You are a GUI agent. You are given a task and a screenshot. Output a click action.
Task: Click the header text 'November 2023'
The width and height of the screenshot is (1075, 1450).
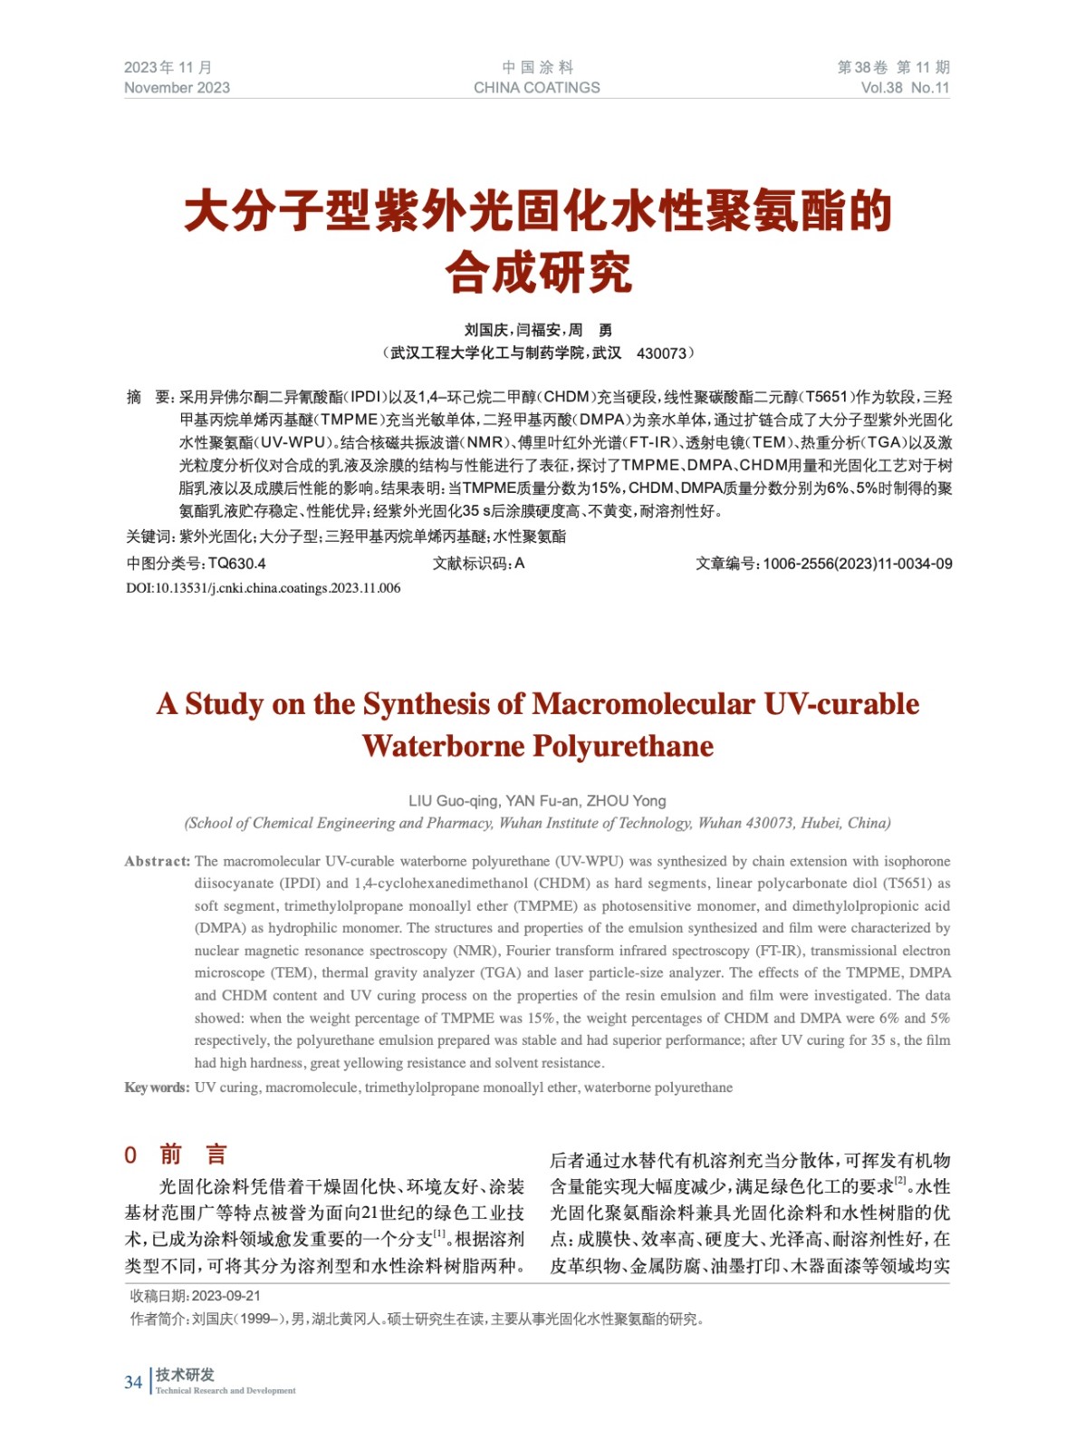pos(177,88)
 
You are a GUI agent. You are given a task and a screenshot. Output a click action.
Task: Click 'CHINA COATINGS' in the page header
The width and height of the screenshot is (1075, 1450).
pos(536,88)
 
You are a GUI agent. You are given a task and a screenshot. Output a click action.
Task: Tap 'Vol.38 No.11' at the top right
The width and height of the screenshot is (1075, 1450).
pos(905,88)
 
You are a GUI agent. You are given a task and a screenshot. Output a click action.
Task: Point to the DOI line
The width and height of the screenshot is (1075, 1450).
pos(263,588)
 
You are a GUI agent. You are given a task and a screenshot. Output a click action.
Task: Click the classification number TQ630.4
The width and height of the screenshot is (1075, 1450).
pos(237,564)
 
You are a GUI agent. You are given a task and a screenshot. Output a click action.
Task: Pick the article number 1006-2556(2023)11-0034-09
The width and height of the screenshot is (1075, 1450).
pos(857,564)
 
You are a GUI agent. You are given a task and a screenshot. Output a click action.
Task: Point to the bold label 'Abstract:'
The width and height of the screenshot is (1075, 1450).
pos(158,861)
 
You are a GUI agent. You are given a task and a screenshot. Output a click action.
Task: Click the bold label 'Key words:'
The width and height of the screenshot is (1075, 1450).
pos(157,1087)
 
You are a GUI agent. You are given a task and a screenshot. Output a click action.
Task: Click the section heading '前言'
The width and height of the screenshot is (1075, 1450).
pos(193,1155)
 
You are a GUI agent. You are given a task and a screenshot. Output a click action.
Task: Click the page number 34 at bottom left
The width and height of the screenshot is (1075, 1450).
pos(133,1382)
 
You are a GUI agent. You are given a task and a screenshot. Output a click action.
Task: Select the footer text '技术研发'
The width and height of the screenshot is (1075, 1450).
pos(185,1375)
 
